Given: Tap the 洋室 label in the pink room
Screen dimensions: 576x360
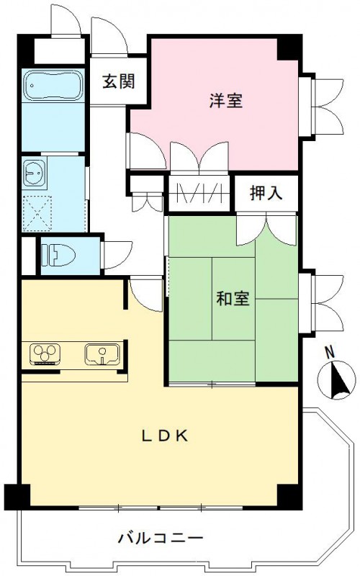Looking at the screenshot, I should (227, 101).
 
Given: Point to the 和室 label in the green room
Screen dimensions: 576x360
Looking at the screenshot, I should (233, 297).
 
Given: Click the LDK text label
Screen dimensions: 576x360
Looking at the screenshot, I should (164, 435).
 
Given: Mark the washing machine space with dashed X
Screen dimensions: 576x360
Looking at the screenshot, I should (35, 210).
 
